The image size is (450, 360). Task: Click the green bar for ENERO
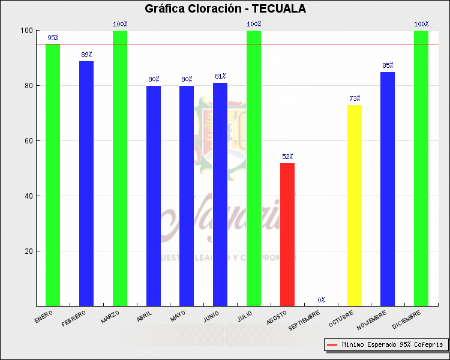coord(53,175)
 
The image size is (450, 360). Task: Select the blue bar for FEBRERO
coord(86,183)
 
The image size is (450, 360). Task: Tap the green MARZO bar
coord(120,168)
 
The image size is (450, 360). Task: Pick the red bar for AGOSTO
coord(287,234)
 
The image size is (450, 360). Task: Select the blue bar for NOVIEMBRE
coord(388,189)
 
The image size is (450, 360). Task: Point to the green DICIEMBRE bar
coord(421,168)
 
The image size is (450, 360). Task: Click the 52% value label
coord(287,157)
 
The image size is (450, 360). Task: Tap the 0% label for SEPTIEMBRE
coord(322,299)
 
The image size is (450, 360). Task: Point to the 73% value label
coord(355,98)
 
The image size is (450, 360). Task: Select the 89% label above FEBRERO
coord(86,55)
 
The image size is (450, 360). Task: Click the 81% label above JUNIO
coord(220,76)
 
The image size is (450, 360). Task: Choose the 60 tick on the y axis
coord(28,141)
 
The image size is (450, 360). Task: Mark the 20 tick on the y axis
coord(28,251)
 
